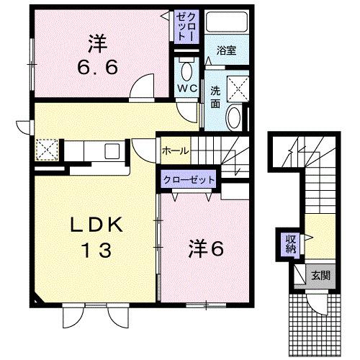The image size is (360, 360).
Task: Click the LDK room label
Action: [96, 225]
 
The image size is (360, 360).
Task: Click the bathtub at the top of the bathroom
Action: [226, 23]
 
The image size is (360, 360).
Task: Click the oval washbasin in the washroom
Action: [235, 117]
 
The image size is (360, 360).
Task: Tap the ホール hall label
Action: [175, 150]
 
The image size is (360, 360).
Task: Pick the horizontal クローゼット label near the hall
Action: [188, 180]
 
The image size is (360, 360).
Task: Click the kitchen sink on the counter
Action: [112, 151]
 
